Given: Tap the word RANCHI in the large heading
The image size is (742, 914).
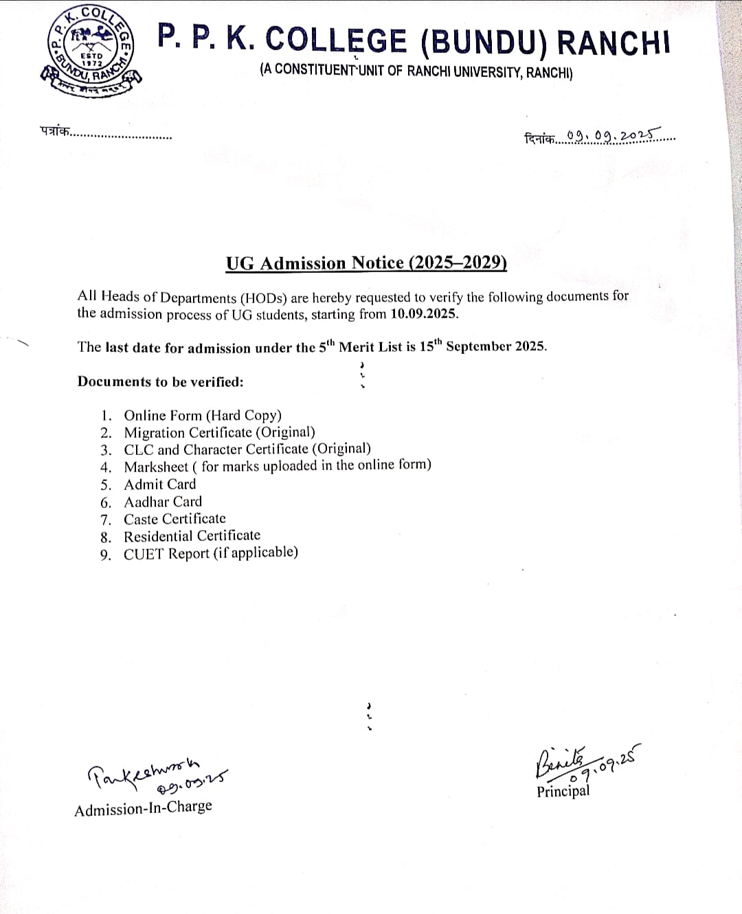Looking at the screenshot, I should click(x=613, y=41).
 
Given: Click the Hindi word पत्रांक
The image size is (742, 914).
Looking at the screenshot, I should click(x=55, y=131).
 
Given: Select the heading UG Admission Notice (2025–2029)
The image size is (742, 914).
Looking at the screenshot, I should click(x=366, y=263).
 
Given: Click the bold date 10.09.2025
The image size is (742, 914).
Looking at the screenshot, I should click(x=424, y=314).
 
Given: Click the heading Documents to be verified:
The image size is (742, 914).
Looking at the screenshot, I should click(x=160, y=381).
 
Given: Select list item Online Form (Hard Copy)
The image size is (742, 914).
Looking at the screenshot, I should click(x=203, y=415).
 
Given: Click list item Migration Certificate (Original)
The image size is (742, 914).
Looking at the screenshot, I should click(x=219, y=432).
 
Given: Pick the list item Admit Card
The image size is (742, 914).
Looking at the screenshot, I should click(x=159, y=484).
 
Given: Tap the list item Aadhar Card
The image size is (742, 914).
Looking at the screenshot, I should click(x=163, y=502).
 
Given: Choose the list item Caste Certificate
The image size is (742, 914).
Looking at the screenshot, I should click(x=175, y=519).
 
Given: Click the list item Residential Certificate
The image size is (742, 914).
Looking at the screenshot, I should click(x=192, y=536).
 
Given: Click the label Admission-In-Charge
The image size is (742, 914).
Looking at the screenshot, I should click(x=143, y=808).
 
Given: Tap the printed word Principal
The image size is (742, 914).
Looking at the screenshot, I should click(x=563, y=791).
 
